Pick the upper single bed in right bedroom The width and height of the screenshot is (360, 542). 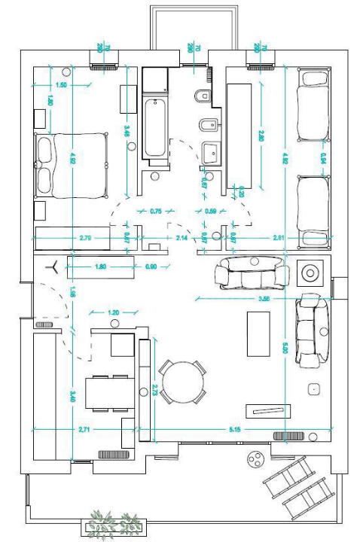click(x=314, y=105)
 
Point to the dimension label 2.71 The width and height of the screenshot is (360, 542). click(x=84, y=429)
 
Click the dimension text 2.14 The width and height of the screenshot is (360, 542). click(x=182, y=238)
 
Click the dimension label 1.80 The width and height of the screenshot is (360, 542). click(x=100, y=266)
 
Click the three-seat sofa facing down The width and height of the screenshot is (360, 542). click(x=252, y=273)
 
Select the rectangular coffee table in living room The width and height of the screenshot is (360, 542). click(x=259, y=333)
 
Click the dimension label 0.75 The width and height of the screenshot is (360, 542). click(x=156, y=212)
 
